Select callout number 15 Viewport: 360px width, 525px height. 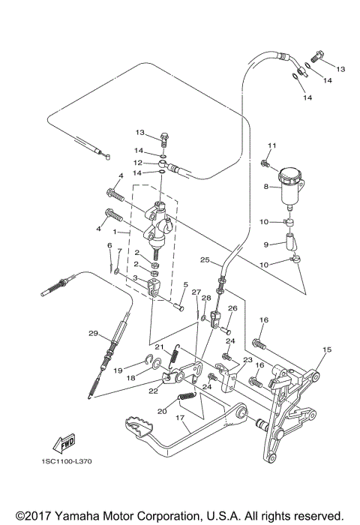tap(326, 349)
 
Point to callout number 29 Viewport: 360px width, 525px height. tap(93, 333)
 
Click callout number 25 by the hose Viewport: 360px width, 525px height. tap(204, 259)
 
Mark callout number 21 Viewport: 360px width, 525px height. tap(159, 346)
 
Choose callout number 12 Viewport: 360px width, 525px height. tap(138, 162)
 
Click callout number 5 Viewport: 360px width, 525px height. tap(185, 285)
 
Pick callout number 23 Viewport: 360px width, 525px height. tap(245, 361)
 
